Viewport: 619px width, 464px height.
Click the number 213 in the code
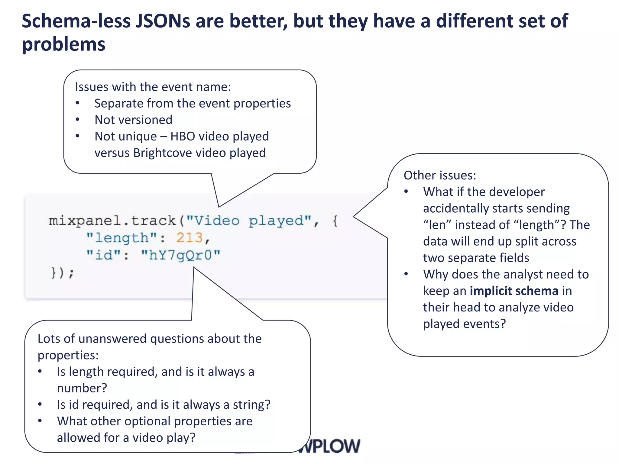click(190, 238)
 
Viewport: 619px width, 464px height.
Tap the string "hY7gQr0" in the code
click(181, 255)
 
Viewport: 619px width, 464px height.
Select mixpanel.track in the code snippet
click(112, 221)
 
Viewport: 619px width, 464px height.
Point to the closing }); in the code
click(62, 273)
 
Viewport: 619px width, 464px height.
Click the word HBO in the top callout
click(183, 136)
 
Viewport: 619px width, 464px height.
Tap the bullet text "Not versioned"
click(133, 120)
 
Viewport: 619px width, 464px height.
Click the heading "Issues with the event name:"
click(153, 87)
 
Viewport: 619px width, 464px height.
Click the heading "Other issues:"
click(440, 176)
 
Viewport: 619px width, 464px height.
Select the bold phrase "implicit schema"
click(514, 291)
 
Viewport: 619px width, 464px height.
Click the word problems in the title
click(64, 45)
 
